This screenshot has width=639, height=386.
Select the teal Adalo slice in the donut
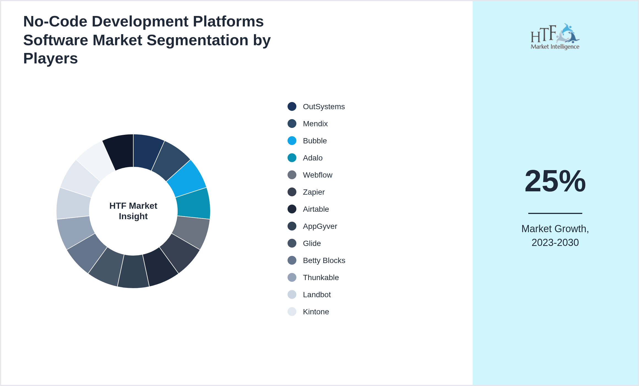point(193,203)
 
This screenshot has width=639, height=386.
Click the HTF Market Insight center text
point(133,211)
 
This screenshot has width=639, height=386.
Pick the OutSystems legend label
point(324,107)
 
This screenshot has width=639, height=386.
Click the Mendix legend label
point(315,124)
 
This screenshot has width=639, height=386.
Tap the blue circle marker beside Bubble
point(292,141)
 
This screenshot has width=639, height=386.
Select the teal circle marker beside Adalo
point(292,158)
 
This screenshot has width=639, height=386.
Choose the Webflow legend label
point(317,175)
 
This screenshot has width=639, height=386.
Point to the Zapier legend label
point(313,192)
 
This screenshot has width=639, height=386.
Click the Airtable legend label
point(316,209)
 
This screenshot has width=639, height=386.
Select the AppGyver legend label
point(320,226)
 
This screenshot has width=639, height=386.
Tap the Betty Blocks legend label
point(324,261)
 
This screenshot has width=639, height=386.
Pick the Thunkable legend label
point(321,278)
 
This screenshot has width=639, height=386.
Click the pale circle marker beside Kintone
point(292,312)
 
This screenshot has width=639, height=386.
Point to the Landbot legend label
point(317,295)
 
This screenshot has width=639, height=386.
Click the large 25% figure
point(555,181)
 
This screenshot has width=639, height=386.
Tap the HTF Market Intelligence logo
point(555,37)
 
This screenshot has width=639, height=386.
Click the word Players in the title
point(50,58)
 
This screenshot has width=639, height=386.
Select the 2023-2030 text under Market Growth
point(555,243)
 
